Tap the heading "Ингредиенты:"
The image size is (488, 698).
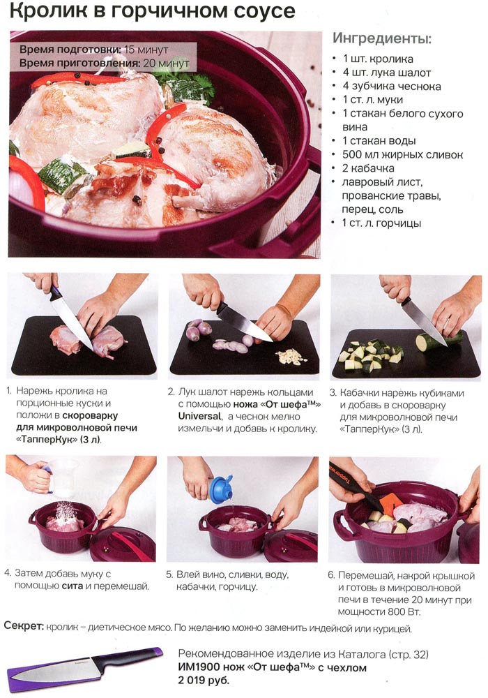382,38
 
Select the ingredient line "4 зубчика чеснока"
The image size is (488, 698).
392,86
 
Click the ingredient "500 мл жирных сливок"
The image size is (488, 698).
403,154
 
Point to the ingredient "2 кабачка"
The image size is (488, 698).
369,168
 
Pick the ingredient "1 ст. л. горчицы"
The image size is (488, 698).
381,223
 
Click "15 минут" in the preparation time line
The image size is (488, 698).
146,50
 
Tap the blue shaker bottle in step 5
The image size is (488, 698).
221,489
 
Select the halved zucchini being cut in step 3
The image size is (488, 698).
438,341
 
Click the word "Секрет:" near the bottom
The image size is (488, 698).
24,626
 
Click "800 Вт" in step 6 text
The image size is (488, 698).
404,611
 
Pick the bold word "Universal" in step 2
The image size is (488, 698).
199,416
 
